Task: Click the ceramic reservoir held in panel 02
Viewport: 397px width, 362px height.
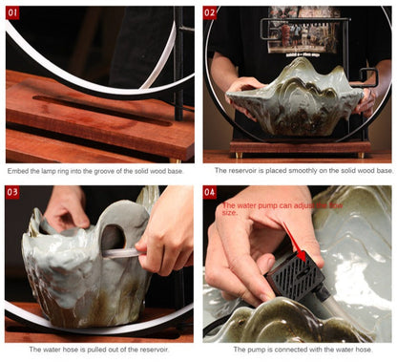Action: (x=294, y=100)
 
